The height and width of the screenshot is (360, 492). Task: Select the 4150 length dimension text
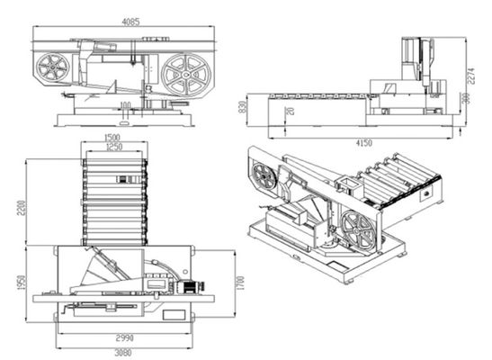pos(364,142)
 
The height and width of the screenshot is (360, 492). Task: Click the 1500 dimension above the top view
pos(113,139)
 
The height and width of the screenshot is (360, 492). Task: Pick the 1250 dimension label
pos(114,148)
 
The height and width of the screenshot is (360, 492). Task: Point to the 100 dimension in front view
pos(124,105)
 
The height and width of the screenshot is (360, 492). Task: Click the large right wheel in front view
pos(186,72)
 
